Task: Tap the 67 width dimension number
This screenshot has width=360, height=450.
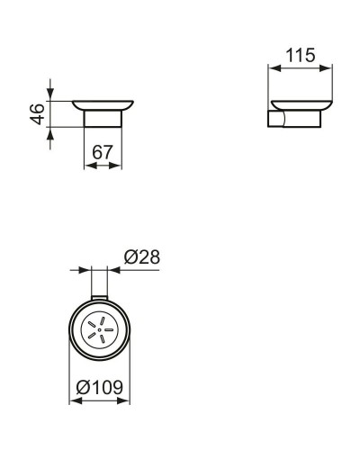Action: (x=102, y=153)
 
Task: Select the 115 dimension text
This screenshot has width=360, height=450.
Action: (x=299, y=56)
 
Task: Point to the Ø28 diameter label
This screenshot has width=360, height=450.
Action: (x=141, y=256)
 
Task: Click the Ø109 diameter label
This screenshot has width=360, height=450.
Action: (x=100, y=388)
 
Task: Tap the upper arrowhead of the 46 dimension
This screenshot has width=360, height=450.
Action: (x=50, y=95)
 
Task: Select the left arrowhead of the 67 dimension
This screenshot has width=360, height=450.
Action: (x=87, y=165)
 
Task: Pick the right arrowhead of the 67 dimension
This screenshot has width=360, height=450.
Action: (x=117, y=165)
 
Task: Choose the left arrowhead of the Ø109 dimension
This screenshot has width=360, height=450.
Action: (x=74, y=400)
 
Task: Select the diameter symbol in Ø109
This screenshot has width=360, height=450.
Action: (x=82, y=388)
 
